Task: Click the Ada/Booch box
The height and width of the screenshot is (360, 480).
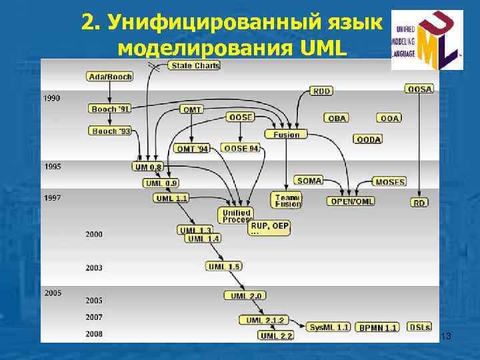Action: click(110, 77)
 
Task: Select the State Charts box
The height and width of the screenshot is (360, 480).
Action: click(195, 65)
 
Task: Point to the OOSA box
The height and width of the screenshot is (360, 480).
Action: click(419, 88)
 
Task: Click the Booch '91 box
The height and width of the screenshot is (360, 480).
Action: click(111, 108)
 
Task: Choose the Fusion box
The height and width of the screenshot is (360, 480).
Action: click(287, 134)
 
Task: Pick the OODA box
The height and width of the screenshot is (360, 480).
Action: click(369, 139)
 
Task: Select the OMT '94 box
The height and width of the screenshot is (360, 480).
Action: click(191, 148)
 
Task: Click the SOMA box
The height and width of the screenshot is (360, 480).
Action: click(309, 180)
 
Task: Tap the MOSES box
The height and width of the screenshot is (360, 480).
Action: click(389, 181)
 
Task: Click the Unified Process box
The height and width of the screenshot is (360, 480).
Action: click(236, 215)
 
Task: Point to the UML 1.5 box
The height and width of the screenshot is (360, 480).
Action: click(224, 266)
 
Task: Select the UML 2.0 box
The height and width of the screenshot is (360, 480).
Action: click(247, 295)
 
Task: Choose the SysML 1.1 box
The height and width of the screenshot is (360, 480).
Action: click(329, 327)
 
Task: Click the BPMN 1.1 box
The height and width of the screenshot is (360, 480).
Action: click(377, 327)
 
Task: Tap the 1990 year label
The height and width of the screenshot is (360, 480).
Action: click(52, 98)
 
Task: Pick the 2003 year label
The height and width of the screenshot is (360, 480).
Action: click(94, 268)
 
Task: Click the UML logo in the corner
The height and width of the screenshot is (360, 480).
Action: click(427, 40)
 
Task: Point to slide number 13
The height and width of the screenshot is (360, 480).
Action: click(447, 337)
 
